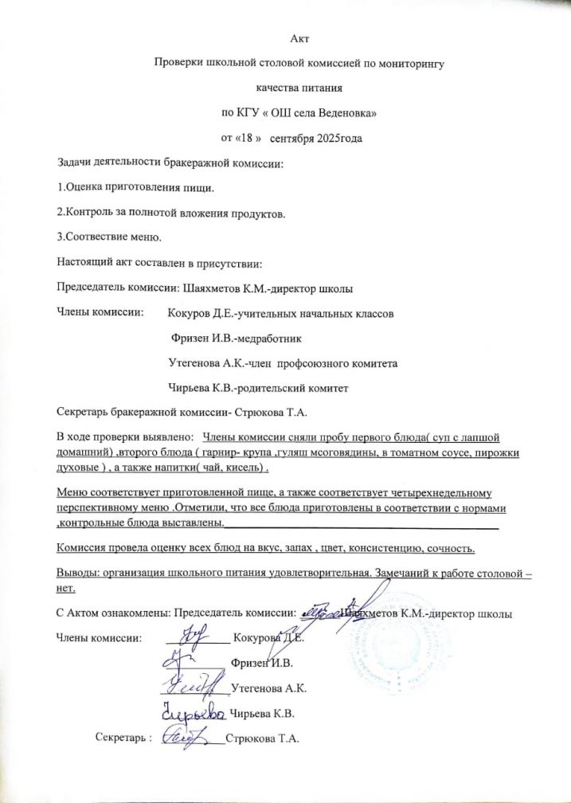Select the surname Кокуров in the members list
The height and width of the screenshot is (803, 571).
(194, 314)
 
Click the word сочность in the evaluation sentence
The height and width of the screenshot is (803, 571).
(452, 549)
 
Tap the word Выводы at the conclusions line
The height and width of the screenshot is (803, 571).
(78, 574)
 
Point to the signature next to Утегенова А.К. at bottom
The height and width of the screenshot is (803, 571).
(196, 684)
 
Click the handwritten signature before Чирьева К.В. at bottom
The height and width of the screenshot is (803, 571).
(194, 711)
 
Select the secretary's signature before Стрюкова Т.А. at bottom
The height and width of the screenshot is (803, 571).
(189, 737)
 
